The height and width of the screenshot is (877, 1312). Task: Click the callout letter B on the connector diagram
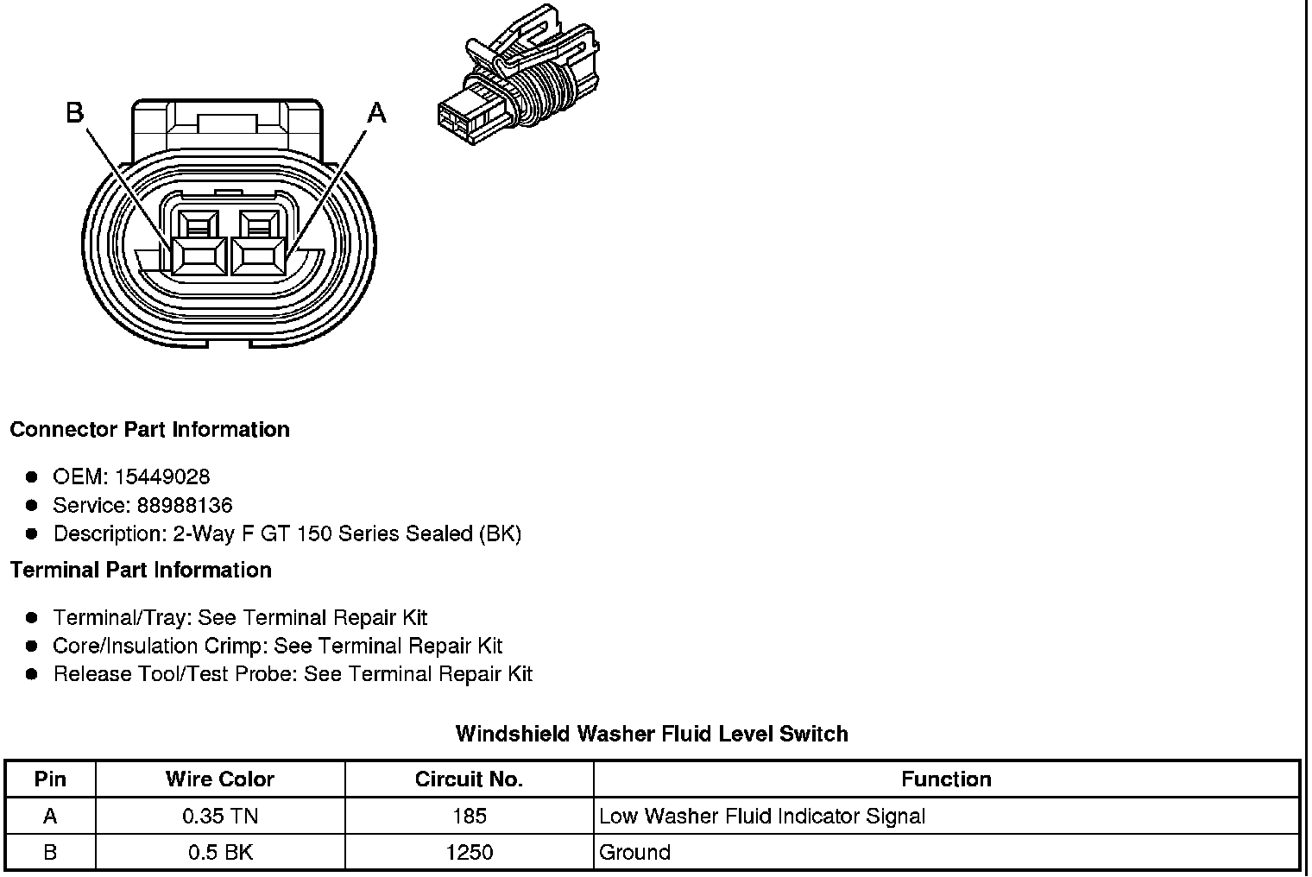point(75,113)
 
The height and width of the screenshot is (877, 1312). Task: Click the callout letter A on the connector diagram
point(377,113)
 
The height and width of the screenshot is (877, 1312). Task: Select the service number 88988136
point(185,506)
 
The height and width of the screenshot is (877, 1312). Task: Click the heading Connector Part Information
point(149,430)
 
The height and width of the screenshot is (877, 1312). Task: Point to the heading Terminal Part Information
point(141,571)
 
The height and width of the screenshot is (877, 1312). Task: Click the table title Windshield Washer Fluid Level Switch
point(652,735)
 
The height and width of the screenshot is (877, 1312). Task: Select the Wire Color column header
point(220,779)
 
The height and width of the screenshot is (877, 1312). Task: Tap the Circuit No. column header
point(469,779)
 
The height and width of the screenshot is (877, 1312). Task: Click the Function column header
point(946,779)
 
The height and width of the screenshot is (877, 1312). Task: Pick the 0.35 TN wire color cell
point(220,817)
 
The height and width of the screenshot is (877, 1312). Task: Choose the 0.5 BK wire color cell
point(220,853)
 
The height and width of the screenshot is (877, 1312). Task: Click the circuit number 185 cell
point(469,817)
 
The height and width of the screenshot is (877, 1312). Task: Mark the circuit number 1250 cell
point(469,853)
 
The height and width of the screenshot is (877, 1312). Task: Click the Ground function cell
point(634,853)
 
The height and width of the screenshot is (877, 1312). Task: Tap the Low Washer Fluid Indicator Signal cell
point(761,817)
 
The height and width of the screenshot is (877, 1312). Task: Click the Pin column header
point(50,779)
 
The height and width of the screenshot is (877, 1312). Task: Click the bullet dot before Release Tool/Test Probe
point(32,674)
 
